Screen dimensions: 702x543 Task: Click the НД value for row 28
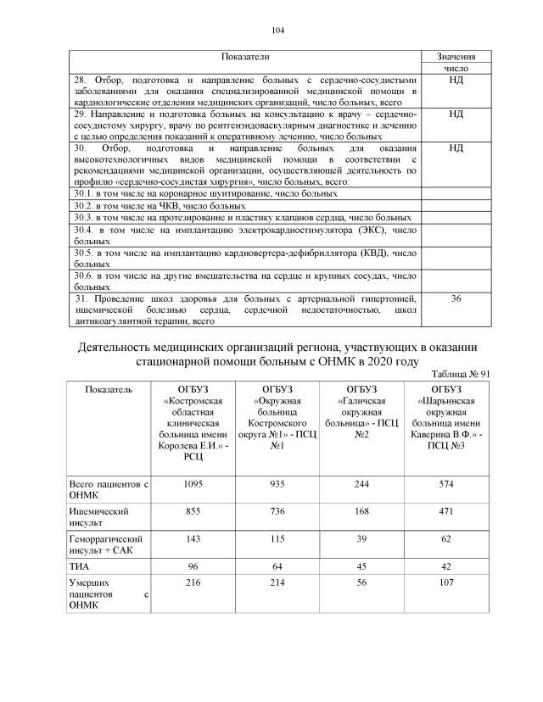(x=456, y=80)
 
